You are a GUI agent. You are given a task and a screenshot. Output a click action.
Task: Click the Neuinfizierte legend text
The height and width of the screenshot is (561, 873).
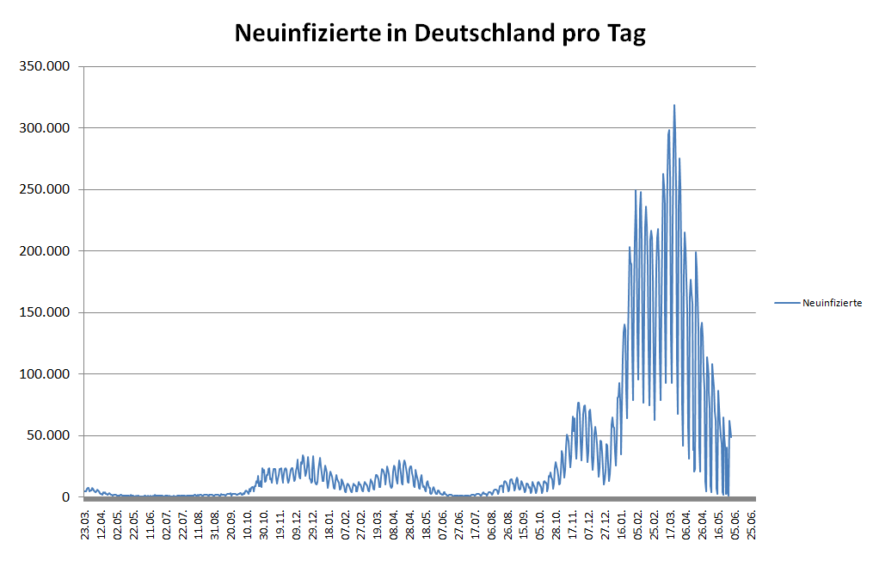point(832,303)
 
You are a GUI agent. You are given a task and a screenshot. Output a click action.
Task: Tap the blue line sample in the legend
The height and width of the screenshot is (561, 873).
point(787,303)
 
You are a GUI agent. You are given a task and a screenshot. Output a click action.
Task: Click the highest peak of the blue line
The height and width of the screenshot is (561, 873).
point(674,106)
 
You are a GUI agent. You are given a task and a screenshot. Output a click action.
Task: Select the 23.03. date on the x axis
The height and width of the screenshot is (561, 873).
point(85,522)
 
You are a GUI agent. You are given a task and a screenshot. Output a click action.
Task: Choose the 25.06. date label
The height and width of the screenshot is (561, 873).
point(753,522)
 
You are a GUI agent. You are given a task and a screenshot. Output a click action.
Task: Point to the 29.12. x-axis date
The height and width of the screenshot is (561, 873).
point(313,522)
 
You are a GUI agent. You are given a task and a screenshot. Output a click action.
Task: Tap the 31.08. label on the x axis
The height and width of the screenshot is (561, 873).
point(215,522)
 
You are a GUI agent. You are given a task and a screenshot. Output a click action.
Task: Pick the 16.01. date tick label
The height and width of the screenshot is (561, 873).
point(622,522)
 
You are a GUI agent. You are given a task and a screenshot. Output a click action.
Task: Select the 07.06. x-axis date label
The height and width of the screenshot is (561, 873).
point(443,522)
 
